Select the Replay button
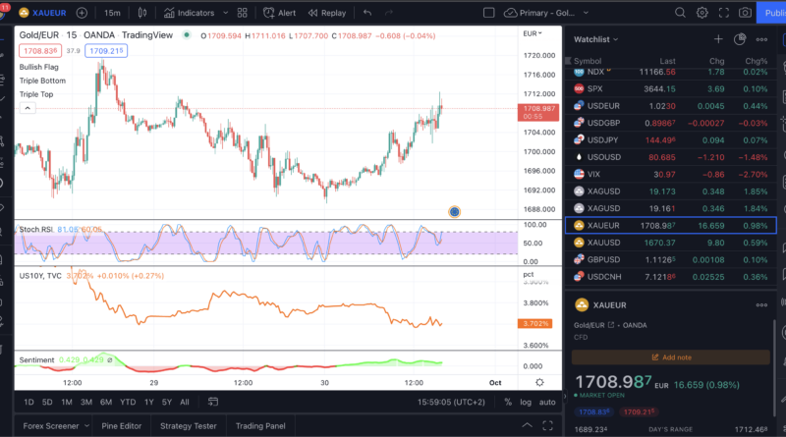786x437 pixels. click(x=326, y=13)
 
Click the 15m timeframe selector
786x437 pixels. click(x=112, y=13)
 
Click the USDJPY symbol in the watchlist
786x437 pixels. click(x=603, y=139)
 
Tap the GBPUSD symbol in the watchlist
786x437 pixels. click(x=603, y=259)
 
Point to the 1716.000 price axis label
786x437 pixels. click(x=539, y=75)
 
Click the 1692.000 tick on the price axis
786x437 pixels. click(x=539, y=191)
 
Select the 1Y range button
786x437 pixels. click(x=148, y=402)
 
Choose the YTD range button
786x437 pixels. click(x=128, y=402)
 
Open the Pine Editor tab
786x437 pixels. click(x=123, y=425)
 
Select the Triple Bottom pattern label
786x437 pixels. click(x=42, y=81)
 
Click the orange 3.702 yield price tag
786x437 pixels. click(x=538, y=323)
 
